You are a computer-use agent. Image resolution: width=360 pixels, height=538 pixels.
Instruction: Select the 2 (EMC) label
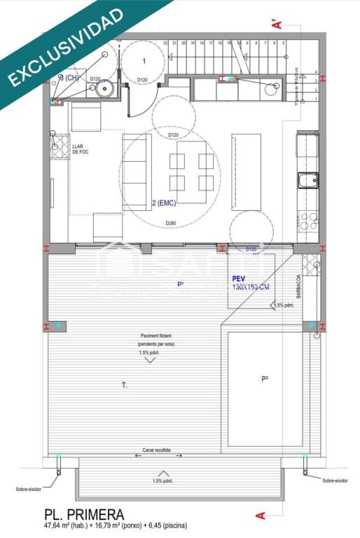(163, 203)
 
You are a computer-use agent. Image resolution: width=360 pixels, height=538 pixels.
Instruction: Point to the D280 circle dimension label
(170, 223)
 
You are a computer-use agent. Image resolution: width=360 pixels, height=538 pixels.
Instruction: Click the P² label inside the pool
(265, 379)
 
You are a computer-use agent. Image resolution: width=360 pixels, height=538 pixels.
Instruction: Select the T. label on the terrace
(124, 385)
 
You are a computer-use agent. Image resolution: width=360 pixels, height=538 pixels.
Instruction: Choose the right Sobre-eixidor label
(335, 481)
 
